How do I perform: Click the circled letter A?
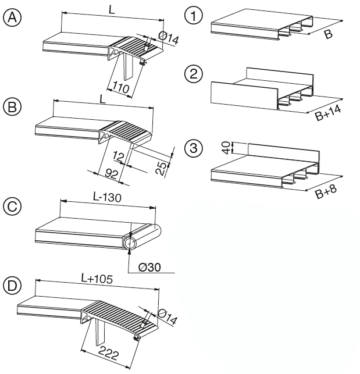pyautogui.click(x=12, y=17)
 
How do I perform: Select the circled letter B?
pyautogui.click(x=12, y=107)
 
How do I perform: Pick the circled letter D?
pyautogui.click(x=12, y=285)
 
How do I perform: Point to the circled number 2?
pyautogui.click(x=193, y=73)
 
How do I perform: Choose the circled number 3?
pyautogui.click(x=193, y=148)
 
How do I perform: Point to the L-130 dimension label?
pyautogui.click(x=107, y=197)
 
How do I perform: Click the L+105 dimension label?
pyautogui.click(x=98, y=279)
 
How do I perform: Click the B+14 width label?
pyautogui.click(x=327, y=113)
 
